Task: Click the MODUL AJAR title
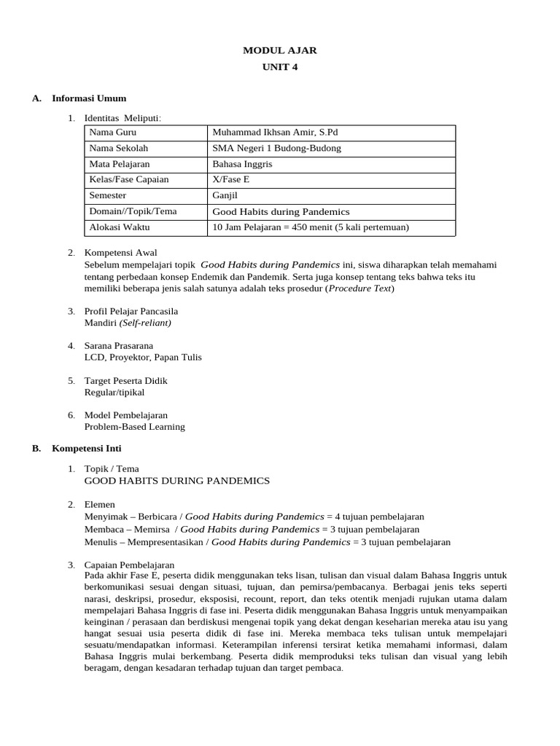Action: click(280, 50)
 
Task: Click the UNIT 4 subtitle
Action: click(280, 67)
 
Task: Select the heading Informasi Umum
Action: click(89, 98)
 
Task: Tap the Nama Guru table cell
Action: click(113, 133)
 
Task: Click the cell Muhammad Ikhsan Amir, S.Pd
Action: click(275, 133)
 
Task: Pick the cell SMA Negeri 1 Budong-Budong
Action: click(276, 148)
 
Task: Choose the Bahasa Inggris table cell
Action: click(242, 164)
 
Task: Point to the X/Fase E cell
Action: click(230, 179)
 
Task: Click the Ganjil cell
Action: click(225, 195)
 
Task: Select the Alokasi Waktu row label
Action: click(119, 227)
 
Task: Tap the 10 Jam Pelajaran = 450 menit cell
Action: click(311, 227)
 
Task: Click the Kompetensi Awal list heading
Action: click(120, 253)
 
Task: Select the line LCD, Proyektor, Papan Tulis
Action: click(143, 357)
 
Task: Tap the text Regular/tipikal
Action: click(114, 392)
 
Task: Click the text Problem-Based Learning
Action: click(135, 427)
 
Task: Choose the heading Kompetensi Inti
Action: click(87, 448)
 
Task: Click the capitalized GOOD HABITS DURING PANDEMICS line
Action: click(177, 481)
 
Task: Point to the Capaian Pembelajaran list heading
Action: click(129, 565)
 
